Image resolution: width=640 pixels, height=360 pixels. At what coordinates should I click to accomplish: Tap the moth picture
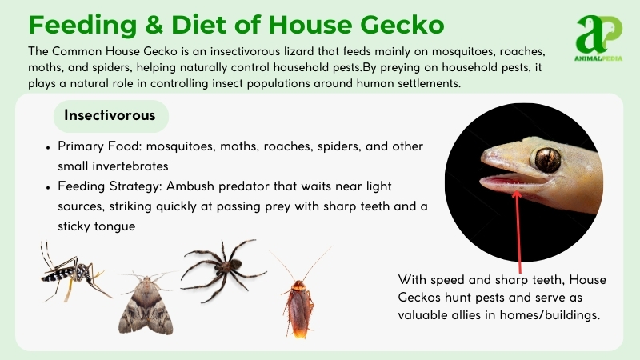click(146, 302)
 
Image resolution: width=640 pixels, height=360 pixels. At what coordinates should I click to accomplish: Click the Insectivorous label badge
click(110, 116)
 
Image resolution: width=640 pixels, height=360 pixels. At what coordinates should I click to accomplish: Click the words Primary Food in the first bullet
click(96, 148)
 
